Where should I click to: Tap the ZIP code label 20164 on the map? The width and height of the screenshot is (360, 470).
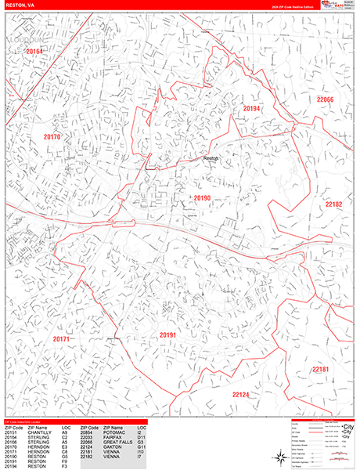pos(34,52)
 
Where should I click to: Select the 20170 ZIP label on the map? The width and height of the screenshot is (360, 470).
pos(52,136)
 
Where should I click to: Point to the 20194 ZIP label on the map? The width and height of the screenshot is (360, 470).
pos(251,108)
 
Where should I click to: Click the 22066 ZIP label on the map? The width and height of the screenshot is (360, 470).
pos(326,99)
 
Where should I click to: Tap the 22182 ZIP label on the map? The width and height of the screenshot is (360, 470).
pos(334,204)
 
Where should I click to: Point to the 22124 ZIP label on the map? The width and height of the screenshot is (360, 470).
pos(241,394)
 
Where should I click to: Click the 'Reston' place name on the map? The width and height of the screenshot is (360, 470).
pos(211,158)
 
